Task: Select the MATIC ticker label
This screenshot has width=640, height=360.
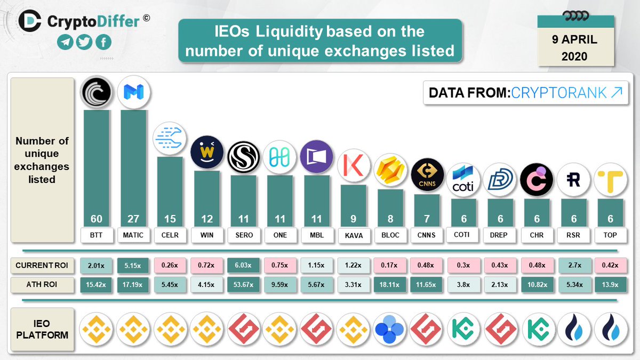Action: [133, 235]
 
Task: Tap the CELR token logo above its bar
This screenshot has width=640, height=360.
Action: [170, 139]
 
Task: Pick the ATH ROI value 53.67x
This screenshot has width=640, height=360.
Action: [243, 285]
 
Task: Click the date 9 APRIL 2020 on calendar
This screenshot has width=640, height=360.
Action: [574, 48]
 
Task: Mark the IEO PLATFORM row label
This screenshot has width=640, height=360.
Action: [42, 329]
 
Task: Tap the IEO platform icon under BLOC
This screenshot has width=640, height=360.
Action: [389, 329]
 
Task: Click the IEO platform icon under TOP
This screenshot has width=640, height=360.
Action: [610, 329]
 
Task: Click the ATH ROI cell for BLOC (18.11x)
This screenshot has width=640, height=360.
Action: [389, 285]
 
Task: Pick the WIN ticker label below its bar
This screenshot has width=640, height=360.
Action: [206, 235]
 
